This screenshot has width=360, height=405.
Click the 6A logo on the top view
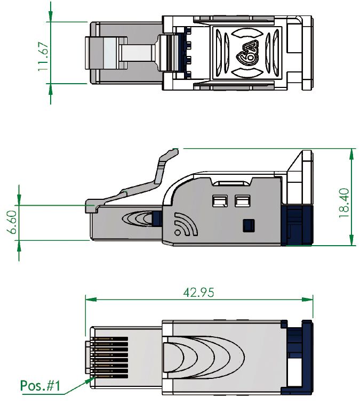246,53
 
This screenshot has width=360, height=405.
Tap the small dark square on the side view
247,226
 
